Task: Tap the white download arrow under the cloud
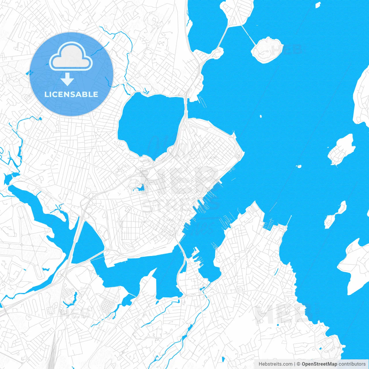pyautogui.click(x=67, y=79)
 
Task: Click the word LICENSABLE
pyautogui.click(x=71, y=94)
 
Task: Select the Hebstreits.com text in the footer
pyautogui.click(x=275, y=364)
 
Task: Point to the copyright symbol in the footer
pyautogui.click(x=299, y=364)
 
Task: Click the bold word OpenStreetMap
pyautogui.click(x=319, y=364)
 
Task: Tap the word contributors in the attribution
pyautogui.click(x=352, y=364)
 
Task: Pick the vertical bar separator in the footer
pyautogui.click(x=295, y=364)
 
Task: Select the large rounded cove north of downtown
pyautogui.click(x=150, y=123)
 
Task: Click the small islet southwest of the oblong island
pyautogui.click(x=299, y=166)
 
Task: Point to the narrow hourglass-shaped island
pyautogui.click(x=335, y=215)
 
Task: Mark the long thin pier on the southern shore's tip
pyautogui.click(x=289, y=221)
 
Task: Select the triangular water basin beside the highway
pyautogui.click(x=86, y=242)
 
